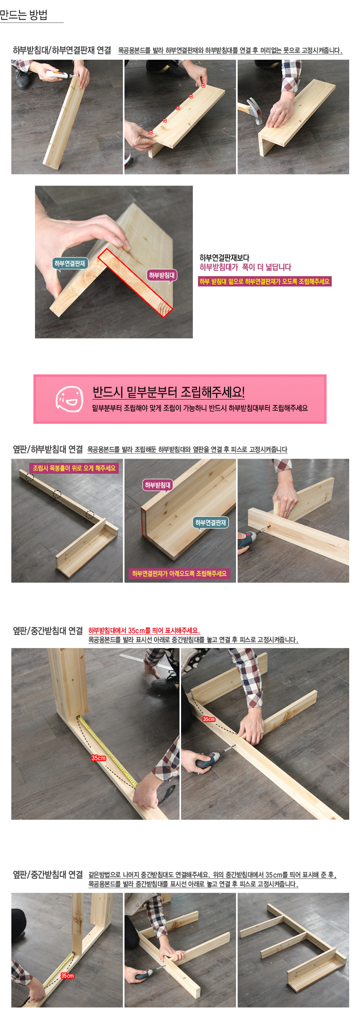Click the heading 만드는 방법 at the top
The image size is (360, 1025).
click(24, 14)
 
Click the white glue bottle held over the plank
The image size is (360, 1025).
click(57, 75)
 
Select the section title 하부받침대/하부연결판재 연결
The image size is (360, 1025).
click(62, 50)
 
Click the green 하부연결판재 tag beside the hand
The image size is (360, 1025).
click(70, 263)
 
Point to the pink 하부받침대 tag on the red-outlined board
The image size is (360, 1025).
click(162, 275)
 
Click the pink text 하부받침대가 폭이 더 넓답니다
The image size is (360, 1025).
click(245, 267)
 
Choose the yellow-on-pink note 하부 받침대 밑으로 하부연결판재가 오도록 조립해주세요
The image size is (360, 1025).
click(265, 281)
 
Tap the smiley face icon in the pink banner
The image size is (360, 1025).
click(69, 399)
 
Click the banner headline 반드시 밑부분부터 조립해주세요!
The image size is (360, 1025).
click(169, 392)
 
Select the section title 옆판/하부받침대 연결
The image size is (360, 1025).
click(48, 449)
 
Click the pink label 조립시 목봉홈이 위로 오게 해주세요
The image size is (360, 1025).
click(74, 468)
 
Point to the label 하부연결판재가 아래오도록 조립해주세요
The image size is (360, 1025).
click(179, 573)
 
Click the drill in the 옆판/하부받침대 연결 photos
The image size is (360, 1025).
click(248, 538)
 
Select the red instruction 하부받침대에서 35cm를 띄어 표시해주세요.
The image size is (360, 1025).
click(144, 631)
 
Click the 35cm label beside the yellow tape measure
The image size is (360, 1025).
click(98, 758)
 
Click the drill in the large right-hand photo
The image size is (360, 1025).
click(208, 762)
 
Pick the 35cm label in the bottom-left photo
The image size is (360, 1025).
click(67, 976)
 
